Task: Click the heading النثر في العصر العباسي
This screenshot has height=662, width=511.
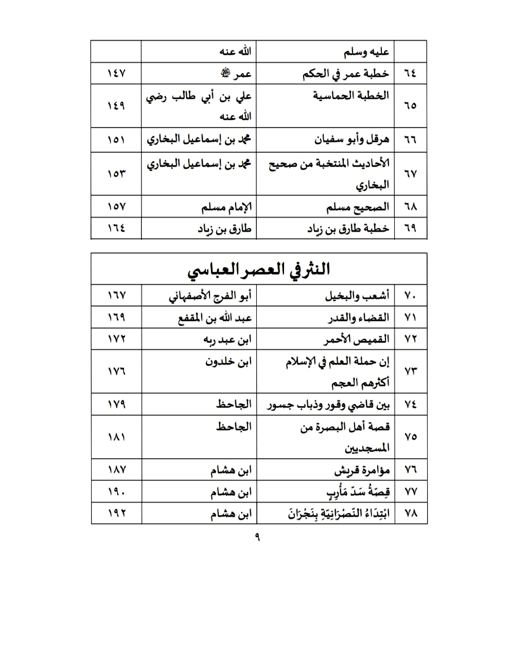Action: tap(258, 270)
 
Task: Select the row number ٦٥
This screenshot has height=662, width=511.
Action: tap(410, 105)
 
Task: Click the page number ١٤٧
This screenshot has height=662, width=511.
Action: tap(116, 74)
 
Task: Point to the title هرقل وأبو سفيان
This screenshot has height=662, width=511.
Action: tap(351, 139)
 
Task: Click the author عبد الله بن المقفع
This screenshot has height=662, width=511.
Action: tap(215, 318)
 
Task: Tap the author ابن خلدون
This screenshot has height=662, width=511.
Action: tap(228, 362)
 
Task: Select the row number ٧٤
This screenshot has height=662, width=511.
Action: tap(410, 405)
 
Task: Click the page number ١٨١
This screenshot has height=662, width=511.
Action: tap(116, 437)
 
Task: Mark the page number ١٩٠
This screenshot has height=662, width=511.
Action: tap(116, 492)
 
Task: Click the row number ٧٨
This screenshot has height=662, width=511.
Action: tap(410, 514)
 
